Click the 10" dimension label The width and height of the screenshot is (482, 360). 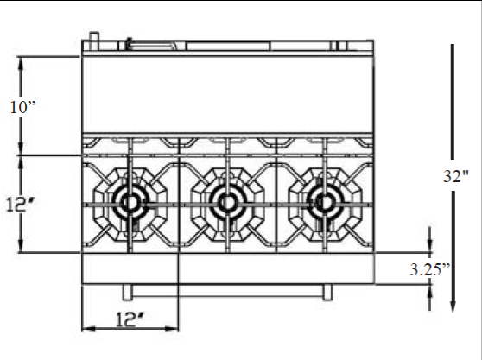click(x=23, y=107)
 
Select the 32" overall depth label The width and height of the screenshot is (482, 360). click(x=456, y=176)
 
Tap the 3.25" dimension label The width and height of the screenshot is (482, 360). click(x=430, y=269)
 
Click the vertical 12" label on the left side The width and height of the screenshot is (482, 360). click(x=20, y=205)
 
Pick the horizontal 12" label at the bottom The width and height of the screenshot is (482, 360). click(x=130, y=319)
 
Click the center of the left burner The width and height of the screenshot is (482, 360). click(x=130, y=203)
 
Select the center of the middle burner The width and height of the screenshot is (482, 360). click(x=228, y=203)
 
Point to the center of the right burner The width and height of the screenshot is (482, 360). click(x=325, y=203)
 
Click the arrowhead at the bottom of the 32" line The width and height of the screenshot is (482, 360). click(x=453, y=306)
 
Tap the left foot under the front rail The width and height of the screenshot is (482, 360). click(x=128, y=292)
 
